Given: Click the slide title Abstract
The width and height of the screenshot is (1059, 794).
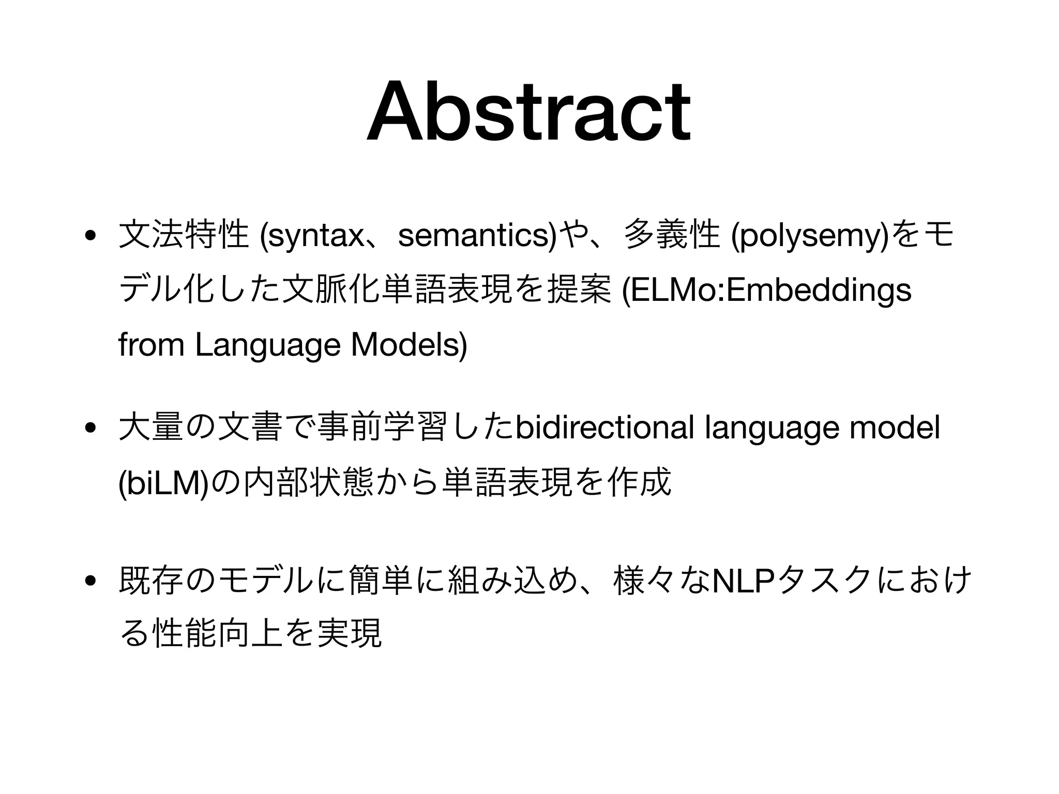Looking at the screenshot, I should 528,111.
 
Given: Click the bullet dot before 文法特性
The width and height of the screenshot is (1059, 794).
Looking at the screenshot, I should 90,236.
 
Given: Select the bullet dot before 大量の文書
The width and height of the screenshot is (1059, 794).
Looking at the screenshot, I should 90,429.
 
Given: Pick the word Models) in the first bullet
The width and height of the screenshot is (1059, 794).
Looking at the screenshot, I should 409,345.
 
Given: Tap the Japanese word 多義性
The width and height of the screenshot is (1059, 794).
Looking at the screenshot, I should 673,236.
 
